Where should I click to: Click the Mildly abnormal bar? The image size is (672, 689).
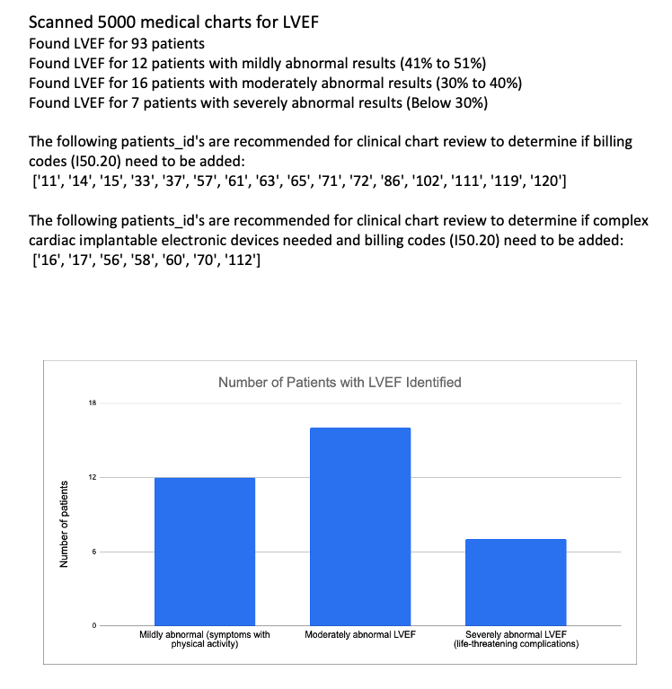205,551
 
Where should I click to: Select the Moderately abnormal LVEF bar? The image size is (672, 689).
359,526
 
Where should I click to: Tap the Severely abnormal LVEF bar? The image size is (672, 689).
516,581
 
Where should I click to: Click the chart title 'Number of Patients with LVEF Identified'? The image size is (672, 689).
340,383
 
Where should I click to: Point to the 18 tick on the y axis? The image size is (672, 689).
92,403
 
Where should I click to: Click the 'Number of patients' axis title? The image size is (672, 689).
64,525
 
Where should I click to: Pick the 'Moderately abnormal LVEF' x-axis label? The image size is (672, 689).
360,635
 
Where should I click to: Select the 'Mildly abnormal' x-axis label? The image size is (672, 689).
205,640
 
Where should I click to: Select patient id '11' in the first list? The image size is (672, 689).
49,182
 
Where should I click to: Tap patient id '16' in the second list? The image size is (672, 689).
49,261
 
